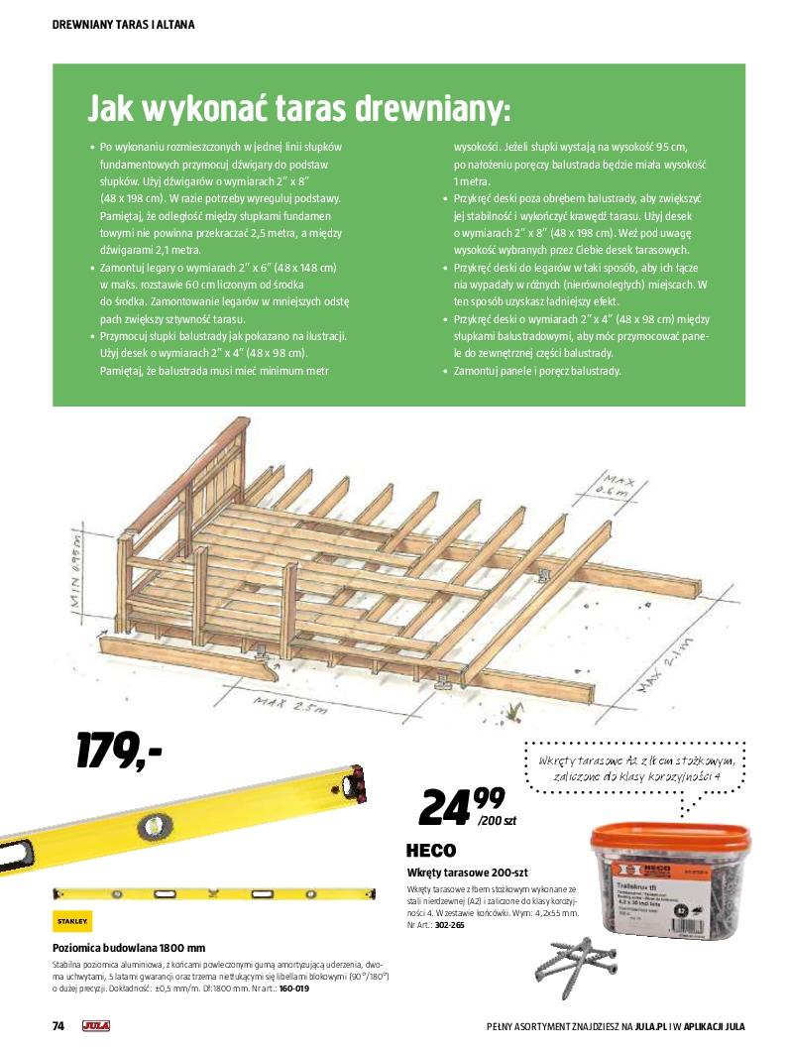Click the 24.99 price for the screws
tap(461, 804)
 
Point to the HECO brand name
tap(431, 851)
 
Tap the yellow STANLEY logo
tap(71, 921)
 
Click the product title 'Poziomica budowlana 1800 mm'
tap(129, 947)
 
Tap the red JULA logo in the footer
tap(96, 1026)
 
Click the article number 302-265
tap(450, 925)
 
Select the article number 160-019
tap(294, 989)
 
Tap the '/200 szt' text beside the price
tap(496, 821)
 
